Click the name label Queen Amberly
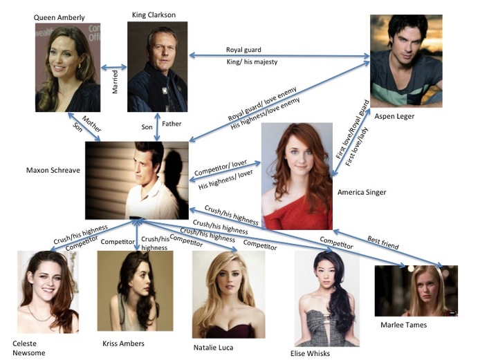pyautogui.click(x=59, y=18)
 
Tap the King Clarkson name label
pyautogui.click(x=154, y=15)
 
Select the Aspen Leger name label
pyautogui.click(x=394, y=116)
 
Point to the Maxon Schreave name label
pyautogui.click(x=53, y=170)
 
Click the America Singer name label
pyautogui.click(x=362, y=192)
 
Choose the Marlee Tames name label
pyautogui.click(x=403, y=325)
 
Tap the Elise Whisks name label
pyautogui.click(x=310, y=354)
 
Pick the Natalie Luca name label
pyautogui.click(x=213, y=348)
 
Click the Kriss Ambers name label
pyautogui.click(x=123, y=343)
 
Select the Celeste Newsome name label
pyautogui.click(x=29, y=348)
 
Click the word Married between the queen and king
pyautogui.click(x=115, y=82)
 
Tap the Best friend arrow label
pyautogui.click(x=383, y=243)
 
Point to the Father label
pyautogui.click(x=172, y=124)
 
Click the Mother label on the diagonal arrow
pyautogui.click(x=91, y=124)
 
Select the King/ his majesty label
pyautogui.click(x=252, y=61)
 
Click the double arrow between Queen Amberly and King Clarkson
pyautogui.click(x=114, y=67)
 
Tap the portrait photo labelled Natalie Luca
pyautogui.click(x=228, y=294)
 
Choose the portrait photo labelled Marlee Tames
pyautogui.click(x=416, y=291)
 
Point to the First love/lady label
pyautogui.click(x=357, y=146)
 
